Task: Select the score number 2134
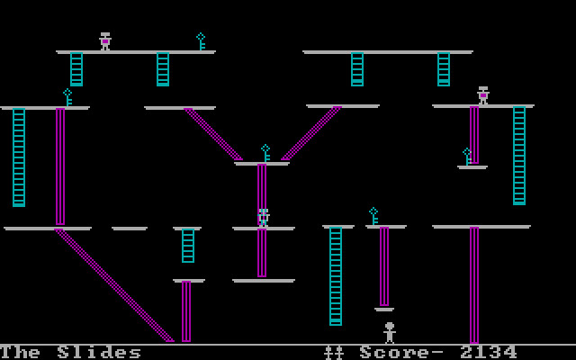489,352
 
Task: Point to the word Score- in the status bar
403,352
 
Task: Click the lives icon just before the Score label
334,352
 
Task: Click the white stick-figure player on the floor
390,332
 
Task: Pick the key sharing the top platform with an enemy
201,41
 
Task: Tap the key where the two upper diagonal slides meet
265,153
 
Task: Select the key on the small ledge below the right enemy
467,157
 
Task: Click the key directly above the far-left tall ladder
67,97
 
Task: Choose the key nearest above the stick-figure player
373,216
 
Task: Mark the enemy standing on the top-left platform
105,41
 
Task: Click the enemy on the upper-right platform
483,95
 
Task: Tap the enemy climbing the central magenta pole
263,217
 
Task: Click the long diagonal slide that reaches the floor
115,286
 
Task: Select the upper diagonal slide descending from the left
214,135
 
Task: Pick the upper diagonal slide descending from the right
311,134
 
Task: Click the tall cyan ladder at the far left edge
19,157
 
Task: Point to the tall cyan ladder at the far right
519,155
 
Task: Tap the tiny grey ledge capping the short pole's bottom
384,310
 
